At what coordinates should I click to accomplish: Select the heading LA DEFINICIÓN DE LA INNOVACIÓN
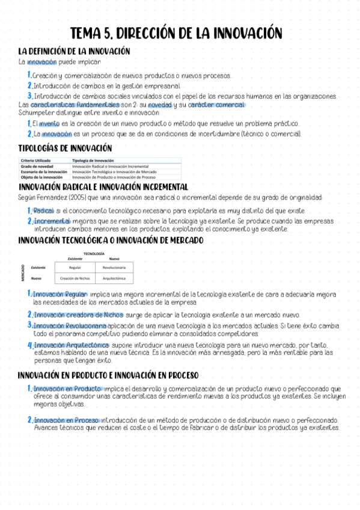click(x=75, y=52)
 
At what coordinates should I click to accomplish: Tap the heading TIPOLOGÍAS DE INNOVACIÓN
click(x=65, y=148)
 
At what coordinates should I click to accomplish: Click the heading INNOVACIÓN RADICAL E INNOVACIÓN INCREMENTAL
click(x=103, y=188)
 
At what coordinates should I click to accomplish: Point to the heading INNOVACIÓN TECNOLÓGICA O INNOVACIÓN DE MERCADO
click(x=111, y=240)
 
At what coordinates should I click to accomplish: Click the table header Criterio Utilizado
click(x=36, y=161)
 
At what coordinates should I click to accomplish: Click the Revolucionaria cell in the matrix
click(x=114, y=266)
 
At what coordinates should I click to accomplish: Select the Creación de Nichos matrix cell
click(x=75, y=278)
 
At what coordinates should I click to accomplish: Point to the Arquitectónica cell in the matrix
click(x=114, y=278)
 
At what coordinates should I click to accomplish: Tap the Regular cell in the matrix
click(x=75, y=266)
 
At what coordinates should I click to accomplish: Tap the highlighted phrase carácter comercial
click(x=217, y=105)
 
